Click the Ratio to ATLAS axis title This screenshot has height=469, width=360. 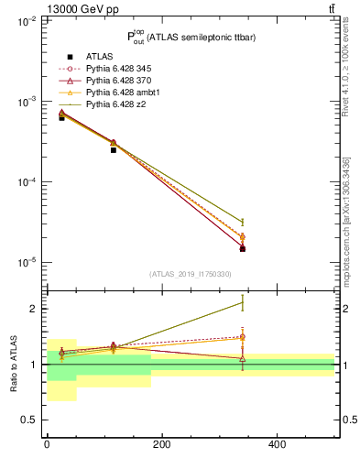point(14,364)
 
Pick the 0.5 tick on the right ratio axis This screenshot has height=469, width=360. point(347,420)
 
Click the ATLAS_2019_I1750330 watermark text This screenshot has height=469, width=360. point(191,274)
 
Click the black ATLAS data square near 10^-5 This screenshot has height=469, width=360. point(243,248)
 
